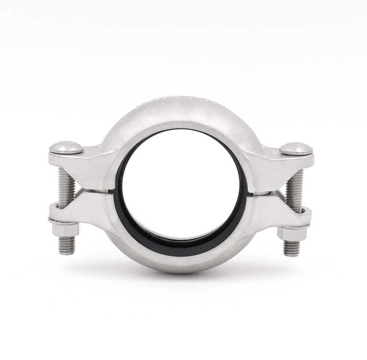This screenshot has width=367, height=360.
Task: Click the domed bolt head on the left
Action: [66, 147]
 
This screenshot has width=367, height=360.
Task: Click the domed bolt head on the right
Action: [296, 148]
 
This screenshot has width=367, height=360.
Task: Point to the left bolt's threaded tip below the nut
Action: [66, 245]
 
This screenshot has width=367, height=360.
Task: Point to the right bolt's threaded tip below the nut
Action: [292, 248]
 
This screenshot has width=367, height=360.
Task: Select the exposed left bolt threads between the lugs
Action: [66, 186]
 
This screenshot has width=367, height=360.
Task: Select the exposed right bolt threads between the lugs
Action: [294, 189]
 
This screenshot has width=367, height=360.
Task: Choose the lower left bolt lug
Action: [84, 210]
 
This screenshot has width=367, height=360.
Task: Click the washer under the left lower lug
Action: [64, 221]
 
